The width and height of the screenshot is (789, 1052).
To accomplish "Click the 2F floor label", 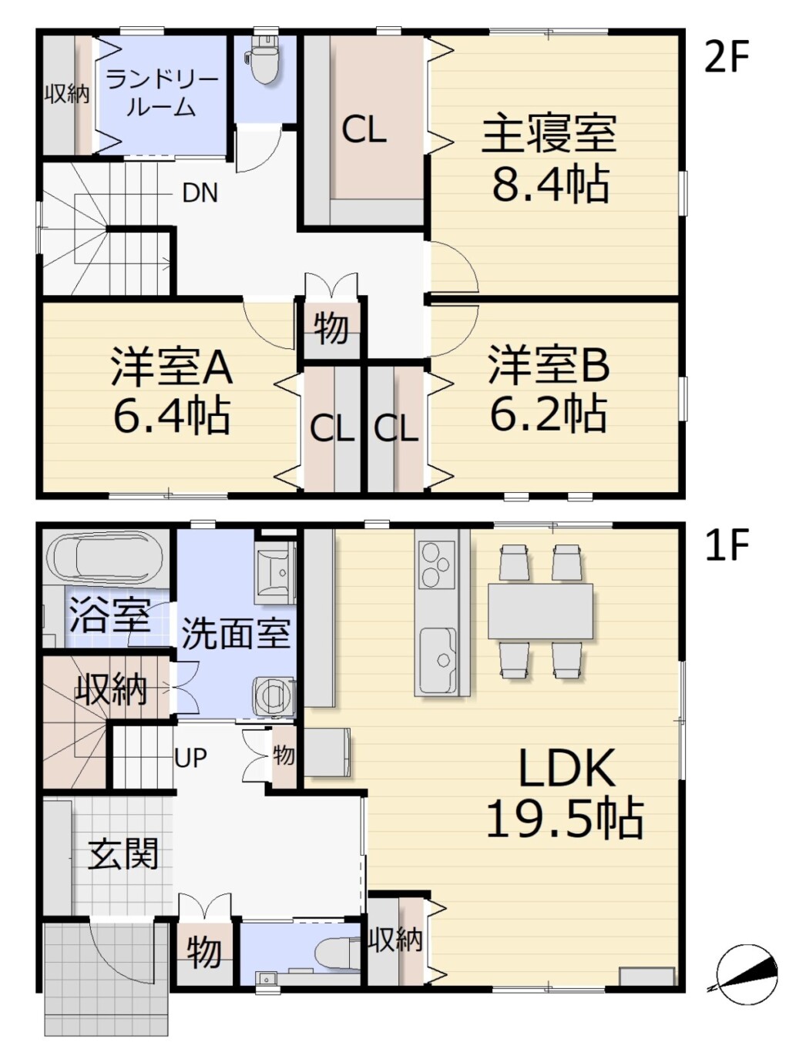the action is coord(727,57).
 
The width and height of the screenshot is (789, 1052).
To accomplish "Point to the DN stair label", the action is coord(200,193).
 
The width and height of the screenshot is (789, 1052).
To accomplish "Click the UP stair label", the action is coord(190,758).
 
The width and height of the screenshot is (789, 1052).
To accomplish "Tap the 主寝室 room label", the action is coord(549,132).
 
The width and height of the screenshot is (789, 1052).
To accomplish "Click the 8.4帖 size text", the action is coord(551,184).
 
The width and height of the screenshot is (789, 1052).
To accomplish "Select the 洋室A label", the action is coord(172,367).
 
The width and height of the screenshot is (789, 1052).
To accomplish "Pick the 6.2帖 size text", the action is coord(549,413).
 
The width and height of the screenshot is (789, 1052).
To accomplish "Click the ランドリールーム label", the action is coord(162,93).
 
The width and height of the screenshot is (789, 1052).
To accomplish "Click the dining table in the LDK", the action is coord(540,611).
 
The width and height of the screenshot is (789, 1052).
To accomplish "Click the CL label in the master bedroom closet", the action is coord(364,130).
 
